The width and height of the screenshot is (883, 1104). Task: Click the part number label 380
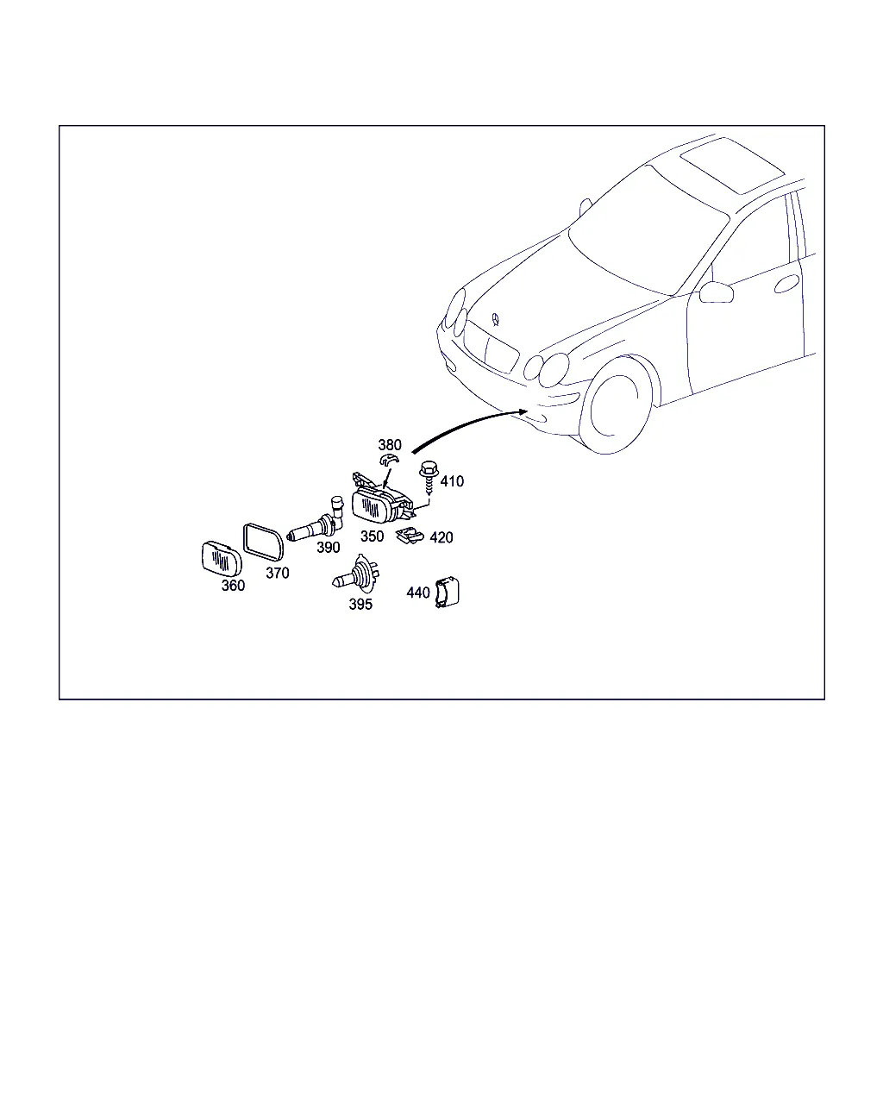pyautogui.click(x=390, y=444)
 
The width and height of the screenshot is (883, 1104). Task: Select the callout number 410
pyautogui.click(x=452, y=481)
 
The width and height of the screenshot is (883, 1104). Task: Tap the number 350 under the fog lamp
pyautogui.click(x=372, y=536)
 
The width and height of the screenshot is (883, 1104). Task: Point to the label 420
pyautogui.click(x=441, y=537)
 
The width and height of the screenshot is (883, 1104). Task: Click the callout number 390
pyautogui.click(x=328, y=548)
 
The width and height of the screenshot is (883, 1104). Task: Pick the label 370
pyautogui.click(x=278, y=573)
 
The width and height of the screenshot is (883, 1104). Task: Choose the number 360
pyautogui.click(x=233, y=586)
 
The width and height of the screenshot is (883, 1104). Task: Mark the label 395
pyautogui.click(x=360, y=605)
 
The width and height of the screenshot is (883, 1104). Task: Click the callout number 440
pyautogui.click(x=418, y=593)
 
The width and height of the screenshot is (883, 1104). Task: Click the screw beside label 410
pyautogui.click(x=429, y=477)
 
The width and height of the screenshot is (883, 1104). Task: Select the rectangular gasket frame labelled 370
pyautogui.click(x=263, y=542)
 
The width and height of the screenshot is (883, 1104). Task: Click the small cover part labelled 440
pyautogui.click(x=447, y=593)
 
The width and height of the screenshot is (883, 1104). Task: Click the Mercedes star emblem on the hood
pyautogui.click(x=495, y=319)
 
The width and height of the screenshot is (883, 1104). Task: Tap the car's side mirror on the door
pyautogui.click(x=717, y=292)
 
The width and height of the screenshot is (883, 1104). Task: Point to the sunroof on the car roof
pyautogui.click(x=733, y=166)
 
